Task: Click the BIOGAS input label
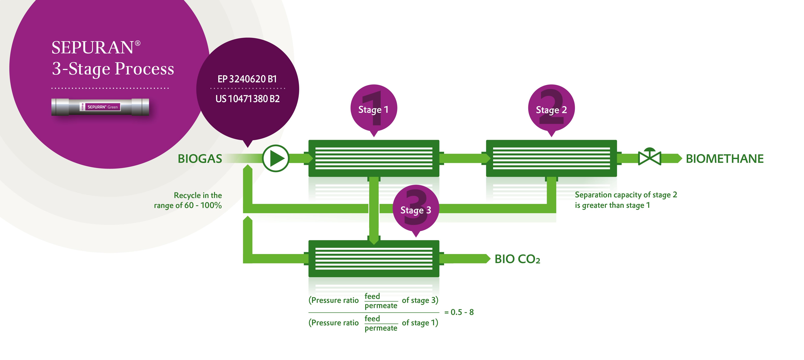[x=200, y=159]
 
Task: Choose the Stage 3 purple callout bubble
[x=416, y=210]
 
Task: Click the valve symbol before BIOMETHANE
[x=650, y=158]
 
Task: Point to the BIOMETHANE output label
[x=724, y=159]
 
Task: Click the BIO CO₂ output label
[x=517, y=259]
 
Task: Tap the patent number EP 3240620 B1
[x=247, y=79]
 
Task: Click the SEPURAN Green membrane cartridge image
[x=100, y=107]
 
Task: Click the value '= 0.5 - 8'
[x=459, y=312]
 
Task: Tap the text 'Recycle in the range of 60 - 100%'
[x=188, y=200]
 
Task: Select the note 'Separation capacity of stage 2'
[x=626, y=195]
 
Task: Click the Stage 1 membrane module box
[x=374, y=158]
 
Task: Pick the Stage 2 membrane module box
[x=551, y=158]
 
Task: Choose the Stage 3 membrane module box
[x=374, y=258]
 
